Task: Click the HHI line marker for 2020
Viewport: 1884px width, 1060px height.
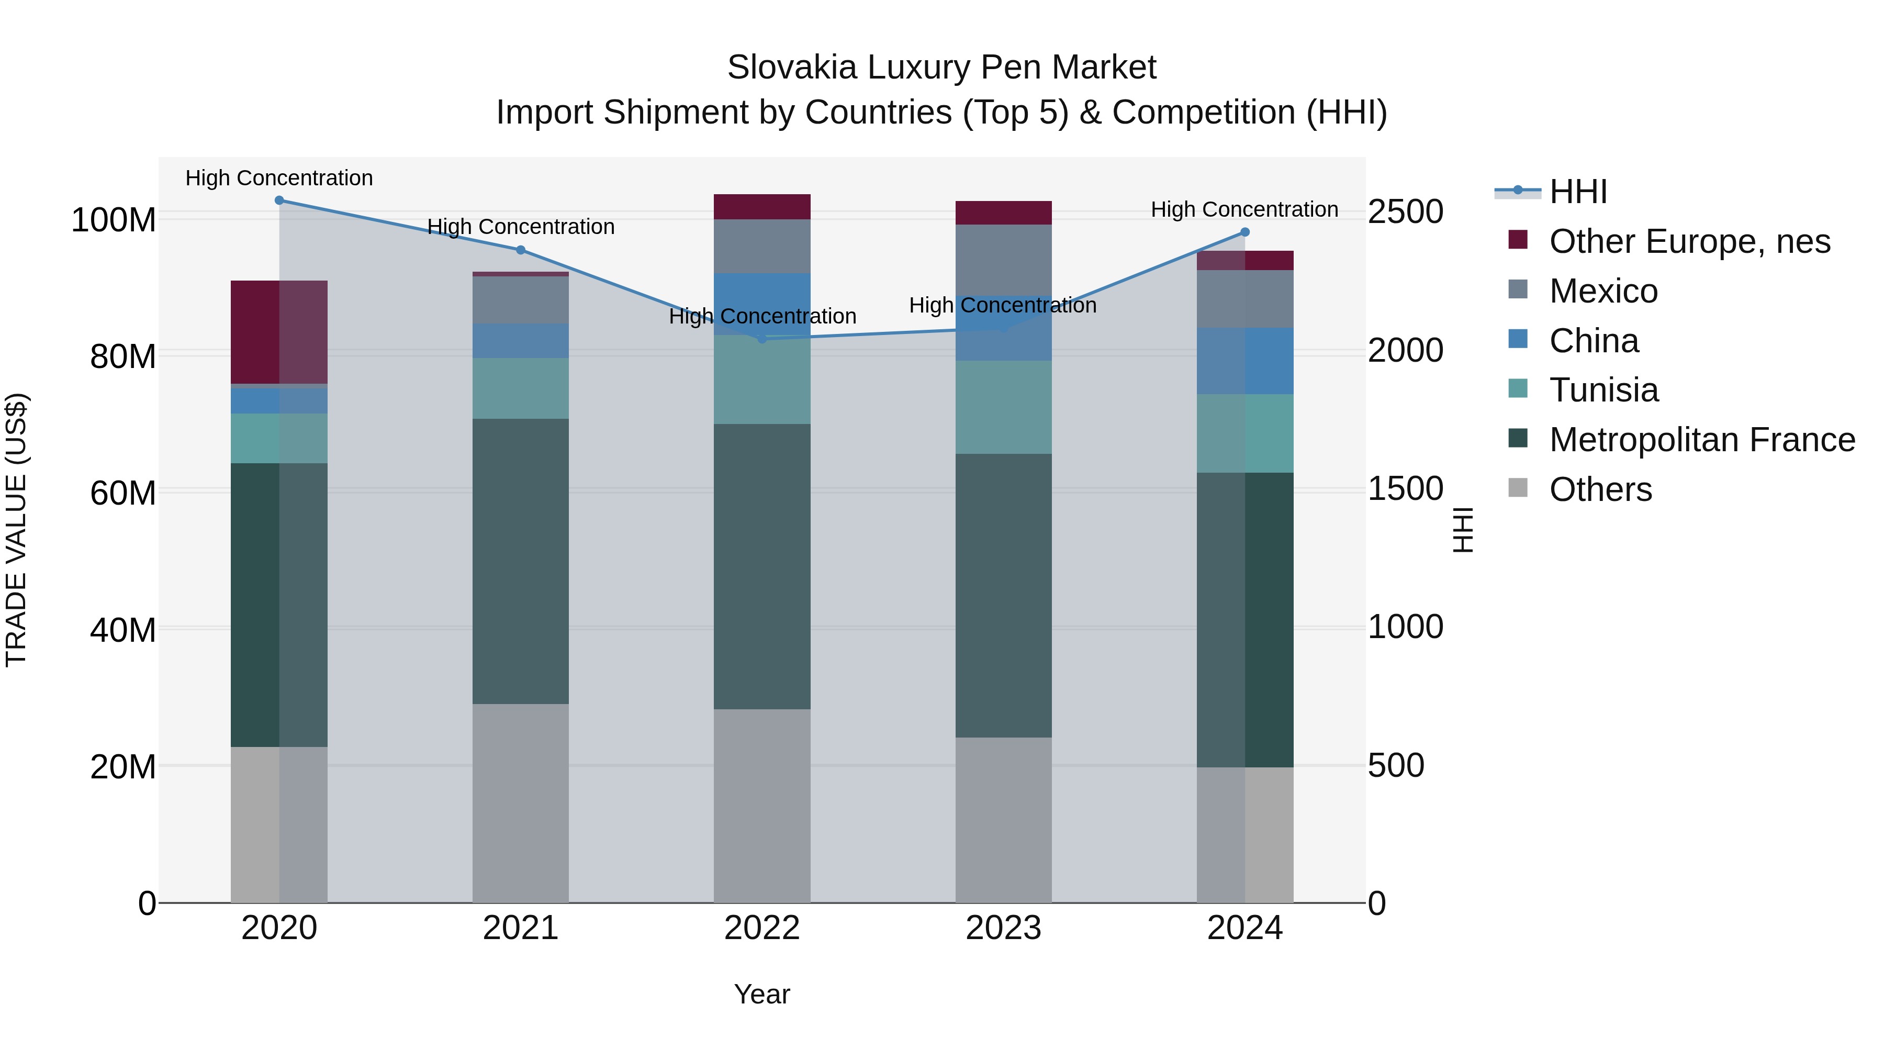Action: (x=278, y=200)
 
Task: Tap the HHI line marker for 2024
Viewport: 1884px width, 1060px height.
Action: (x=1245, y=232)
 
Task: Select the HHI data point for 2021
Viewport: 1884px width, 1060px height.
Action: (x=521, y=250)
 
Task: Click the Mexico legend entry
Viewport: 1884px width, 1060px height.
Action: (x=1603, y=291)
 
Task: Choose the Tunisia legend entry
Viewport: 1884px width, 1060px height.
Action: (x=1603, y=390)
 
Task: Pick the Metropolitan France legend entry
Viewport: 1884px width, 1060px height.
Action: (x=1701, y=440)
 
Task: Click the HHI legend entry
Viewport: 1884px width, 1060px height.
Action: (x=1577, y=192)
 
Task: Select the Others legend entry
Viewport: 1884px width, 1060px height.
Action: (x=1600, y=489)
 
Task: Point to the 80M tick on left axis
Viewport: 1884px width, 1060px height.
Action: (x=123, y=356)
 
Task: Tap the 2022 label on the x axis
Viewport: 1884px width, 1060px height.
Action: (x=762, y=928)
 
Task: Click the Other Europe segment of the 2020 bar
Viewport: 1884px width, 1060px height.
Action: (x=278, y=332)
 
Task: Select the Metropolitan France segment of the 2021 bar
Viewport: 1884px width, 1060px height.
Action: (x=521, y=561)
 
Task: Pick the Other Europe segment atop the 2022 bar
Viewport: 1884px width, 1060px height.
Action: (x=762, y=207)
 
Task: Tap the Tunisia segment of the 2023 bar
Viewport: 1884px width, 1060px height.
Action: (x=1003, y=407)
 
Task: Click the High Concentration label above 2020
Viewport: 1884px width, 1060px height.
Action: (x=278, y=178)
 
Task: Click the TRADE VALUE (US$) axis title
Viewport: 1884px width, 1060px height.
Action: (x=16, y=530)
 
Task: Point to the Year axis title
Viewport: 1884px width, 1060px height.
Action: (x=762, y=994)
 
